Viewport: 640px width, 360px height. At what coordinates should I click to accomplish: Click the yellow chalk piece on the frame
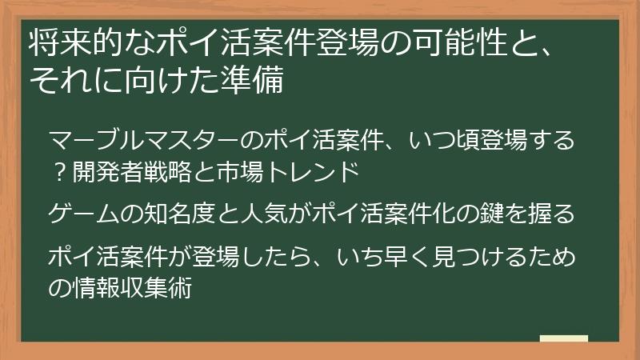564,338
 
